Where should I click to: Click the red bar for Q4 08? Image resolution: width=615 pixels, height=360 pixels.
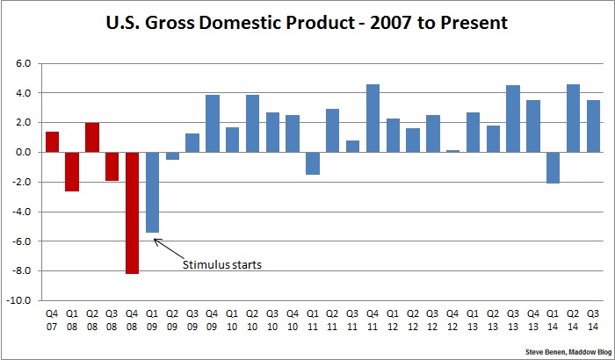point(132,212)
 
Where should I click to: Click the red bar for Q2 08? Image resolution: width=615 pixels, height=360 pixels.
point(92,137)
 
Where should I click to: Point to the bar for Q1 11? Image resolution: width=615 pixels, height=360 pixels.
point(313,162)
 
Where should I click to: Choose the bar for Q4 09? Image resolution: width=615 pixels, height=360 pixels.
point(213,123)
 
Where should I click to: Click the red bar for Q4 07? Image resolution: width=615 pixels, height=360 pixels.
point(52,141)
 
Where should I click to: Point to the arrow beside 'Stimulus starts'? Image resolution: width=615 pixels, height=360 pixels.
point(166,247)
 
